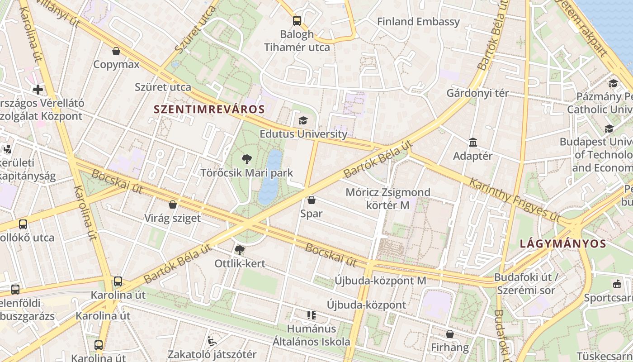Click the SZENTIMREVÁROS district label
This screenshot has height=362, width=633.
tap(209, 109)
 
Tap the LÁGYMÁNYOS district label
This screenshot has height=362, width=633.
tap(563, 243)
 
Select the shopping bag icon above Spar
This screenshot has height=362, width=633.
tap(311, 200)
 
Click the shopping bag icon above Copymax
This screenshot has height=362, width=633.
tap(116, 51)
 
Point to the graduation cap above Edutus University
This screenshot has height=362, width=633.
tap(303, 120)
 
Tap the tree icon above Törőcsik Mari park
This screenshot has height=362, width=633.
tap(246, 159)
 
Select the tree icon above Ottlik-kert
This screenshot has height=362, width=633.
tap(240, 250)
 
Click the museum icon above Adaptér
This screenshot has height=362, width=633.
tap(473, 143)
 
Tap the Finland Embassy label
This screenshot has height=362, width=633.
tap(418, 22)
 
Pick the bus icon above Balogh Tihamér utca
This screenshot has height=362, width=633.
tap(297, 20)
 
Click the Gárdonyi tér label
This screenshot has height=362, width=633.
tap(477, 93)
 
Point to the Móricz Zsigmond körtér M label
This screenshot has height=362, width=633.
tap(388, 199)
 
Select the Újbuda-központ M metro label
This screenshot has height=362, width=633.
tap(380, 281)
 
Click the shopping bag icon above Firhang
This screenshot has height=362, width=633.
tap(449, 334)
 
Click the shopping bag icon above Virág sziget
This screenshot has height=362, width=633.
tap(172, 205)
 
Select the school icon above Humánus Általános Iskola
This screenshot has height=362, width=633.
tap(311, 315)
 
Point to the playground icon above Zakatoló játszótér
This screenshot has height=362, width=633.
tap(212, 341)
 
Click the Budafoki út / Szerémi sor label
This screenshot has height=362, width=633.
tap(527, 283)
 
